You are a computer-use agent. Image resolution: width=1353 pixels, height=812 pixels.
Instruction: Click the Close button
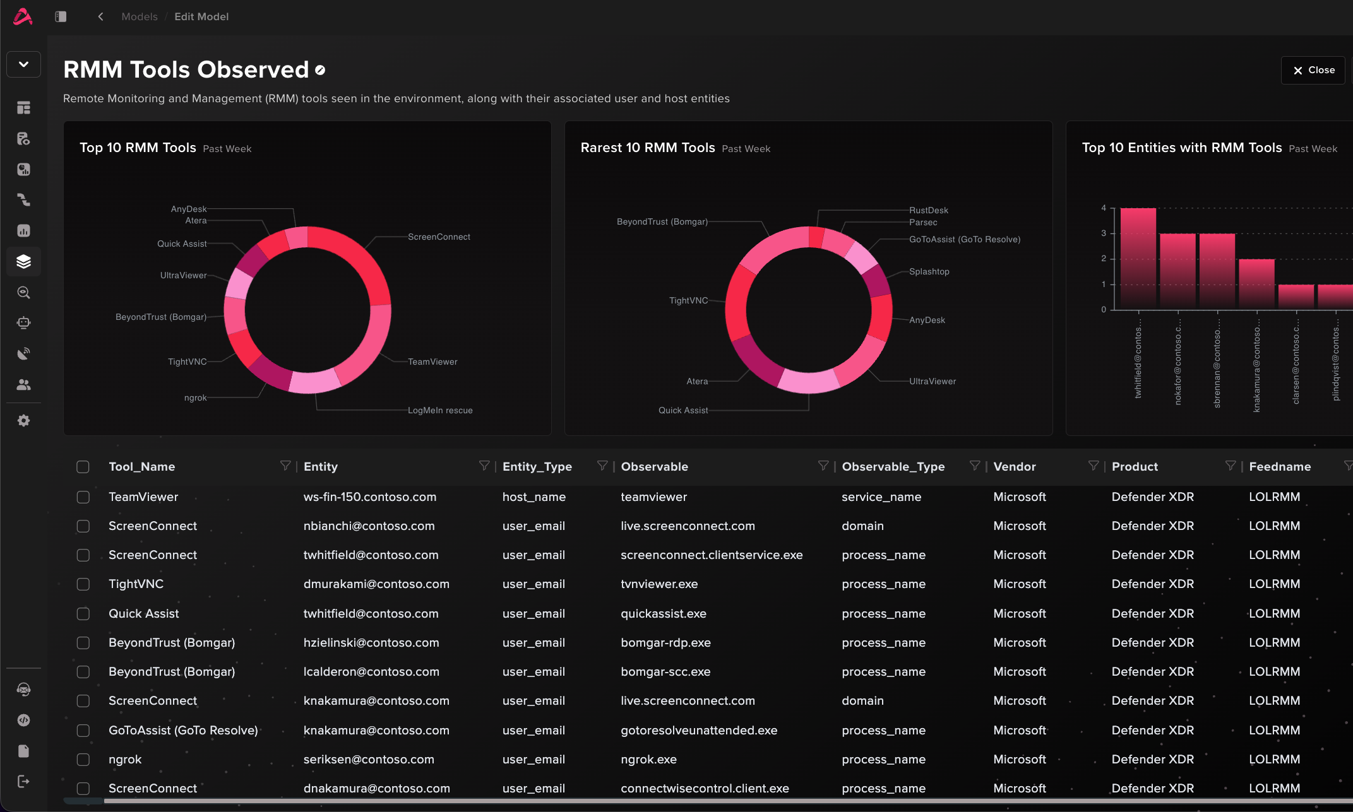click(1313, 70)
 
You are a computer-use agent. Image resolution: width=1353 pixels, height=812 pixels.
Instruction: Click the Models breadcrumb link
click(140, 16)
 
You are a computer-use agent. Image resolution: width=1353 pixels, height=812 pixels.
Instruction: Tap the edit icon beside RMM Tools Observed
click(320, 70)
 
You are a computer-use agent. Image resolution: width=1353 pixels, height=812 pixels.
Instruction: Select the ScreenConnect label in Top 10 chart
click(439, 237)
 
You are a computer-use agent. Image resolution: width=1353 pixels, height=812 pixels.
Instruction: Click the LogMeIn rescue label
click(440, 410)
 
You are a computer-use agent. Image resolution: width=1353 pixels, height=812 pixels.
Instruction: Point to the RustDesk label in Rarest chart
click(929, 210)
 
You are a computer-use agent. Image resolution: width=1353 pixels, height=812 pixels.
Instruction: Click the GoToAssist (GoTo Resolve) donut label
click(965, 239)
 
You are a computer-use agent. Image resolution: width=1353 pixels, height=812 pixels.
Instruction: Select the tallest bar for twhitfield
click(1138, 259)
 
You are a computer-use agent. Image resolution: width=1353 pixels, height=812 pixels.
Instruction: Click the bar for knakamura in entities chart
click(1256, 284)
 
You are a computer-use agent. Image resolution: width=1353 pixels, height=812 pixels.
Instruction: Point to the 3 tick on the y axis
click(1104, 233)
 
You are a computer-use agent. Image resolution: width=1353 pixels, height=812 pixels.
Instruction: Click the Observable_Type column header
click(893, 466)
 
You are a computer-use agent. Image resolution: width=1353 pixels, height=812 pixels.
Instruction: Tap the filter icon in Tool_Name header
click(285, 466)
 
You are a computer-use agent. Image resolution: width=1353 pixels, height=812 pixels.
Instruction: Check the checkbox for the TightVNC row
click(83, 584)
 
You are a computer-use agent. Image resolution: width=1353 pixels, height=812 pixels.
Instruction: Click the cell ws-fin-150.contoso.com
click(370, 497)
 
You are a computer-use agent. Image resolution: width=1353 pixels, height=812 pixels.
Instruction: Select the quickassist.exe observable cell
click(664, 613)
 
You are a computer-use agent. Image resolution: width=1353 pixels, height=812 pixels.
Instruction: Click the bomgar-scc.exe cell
click(665, 671)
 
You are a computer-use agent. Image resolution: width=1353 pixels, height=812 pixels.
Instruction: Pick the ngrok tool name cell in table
click(125, 759)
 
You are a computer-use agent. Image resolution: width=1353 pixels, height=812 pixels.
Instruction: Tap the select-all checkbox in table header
click(83, 467)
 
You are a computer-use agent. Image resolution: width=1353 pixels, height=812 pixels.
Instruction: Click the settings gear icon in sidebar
click(23, 421)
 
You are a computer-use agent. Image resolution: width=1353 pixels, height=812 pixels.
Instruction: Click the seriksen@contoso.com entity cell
click(369, 759)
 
